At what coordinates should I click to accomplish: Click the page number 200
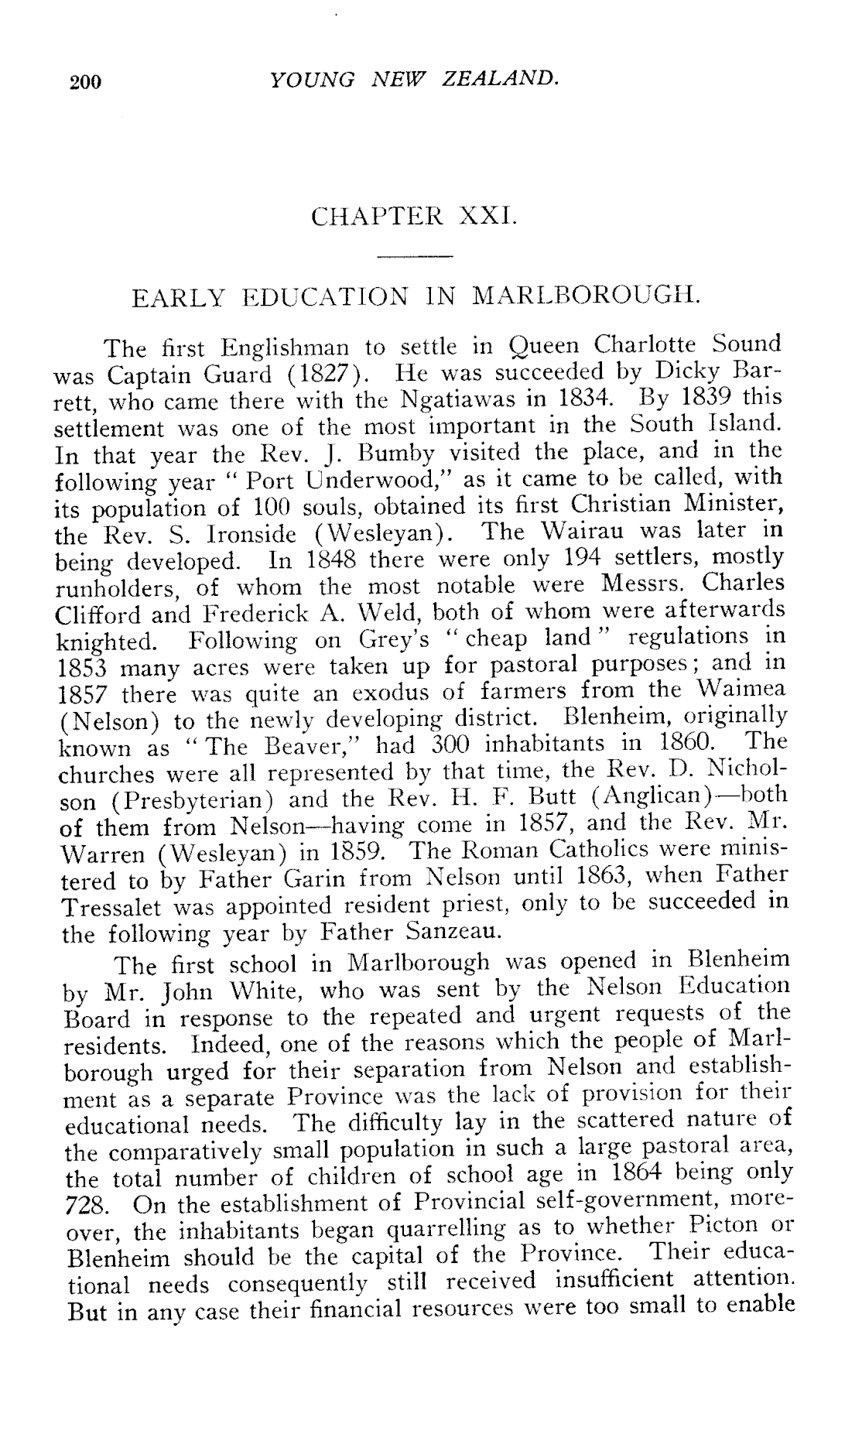[85, 81]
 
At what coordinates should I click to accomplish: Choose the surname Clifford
[97, 614]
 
